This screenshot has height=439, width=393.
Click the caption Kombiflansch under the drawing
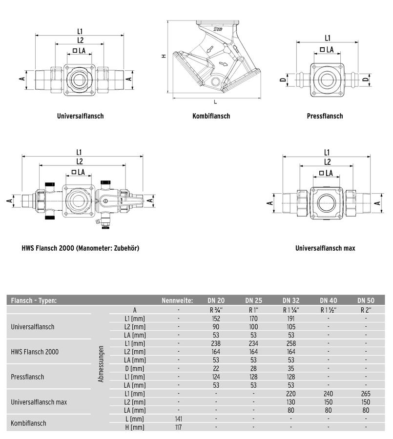coord(211,116)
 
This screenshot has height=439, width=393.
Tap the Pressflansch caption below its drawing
coord(325,116)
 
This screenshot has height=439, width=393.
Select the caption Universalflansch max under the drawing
coord(325,248)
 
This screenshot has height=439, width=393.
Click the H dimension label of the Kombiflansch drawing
coord(164,56)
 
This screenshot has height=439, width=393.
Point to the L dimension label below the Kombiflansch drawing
coord(215,102)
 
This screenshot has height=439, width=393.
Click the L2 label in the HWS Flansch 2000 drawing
coord(80,161)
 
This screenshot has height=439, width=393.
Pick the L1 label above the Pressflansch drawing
coord(328,38)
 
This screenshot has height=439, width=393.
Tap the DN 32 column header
coord(291,300)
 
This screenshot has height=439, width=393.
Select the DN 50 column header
coord(366,300)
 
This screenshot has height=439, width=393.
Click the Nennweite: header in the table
coord(177,300)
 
